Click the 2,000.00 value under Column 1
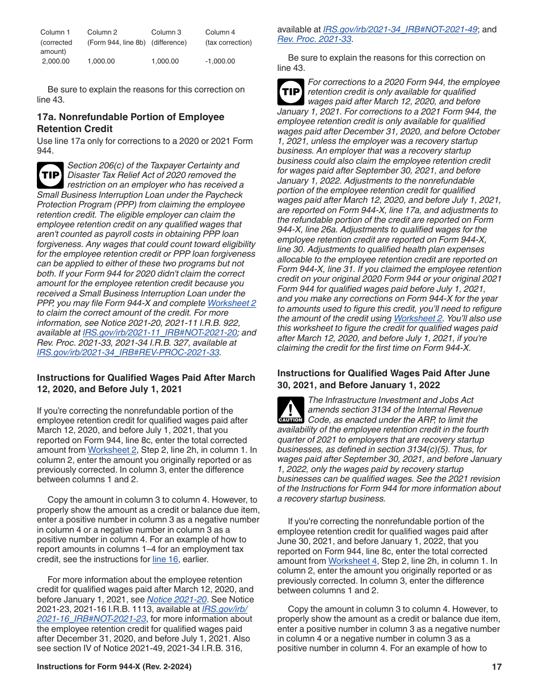[56, 61]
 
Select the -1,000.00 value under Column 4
[220, 61]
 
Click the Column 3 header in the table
[166, 32]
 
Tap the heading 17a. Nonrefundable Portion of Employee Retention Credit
[130, 122]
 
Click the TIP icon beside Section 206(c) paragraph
[50, 175]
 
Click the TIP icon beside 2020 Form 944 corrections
[290, 92]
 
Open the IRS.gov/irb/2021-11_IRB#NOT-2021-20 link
[159, 333]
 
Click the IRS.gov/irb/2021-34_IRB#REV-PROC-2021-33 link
[128, 352]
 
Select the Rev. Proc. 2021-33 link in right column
[314, 39]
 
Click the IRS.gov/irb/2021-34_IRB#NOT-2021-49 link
[400, 29]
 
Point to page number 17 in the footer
[496, 667]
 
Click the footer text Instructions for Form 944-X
[114, 667]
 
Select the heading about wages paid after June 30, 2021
[383, 379]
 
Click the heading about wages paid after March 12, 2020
[146, 383]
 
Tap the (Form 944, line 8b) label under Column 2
[116, 42]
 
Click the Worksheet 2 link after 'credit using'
[418, 318]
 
